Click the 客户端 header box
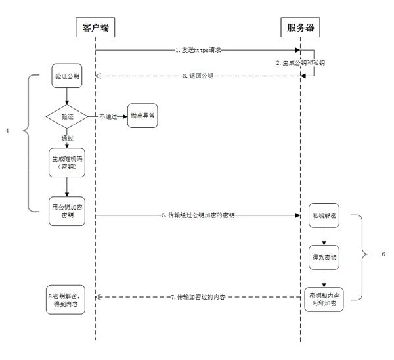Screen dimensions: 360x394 point(95,28)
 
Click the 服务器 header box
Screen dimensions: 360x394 point(300,28)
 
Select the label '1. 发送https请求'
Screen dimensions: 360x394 point(199,50)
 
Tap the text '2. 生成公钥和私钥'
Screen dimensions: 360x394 point(301,62)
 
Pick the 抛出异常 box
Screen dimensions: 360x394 point(144,116)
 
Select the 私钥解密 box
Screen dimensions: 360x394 point(324,215)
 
